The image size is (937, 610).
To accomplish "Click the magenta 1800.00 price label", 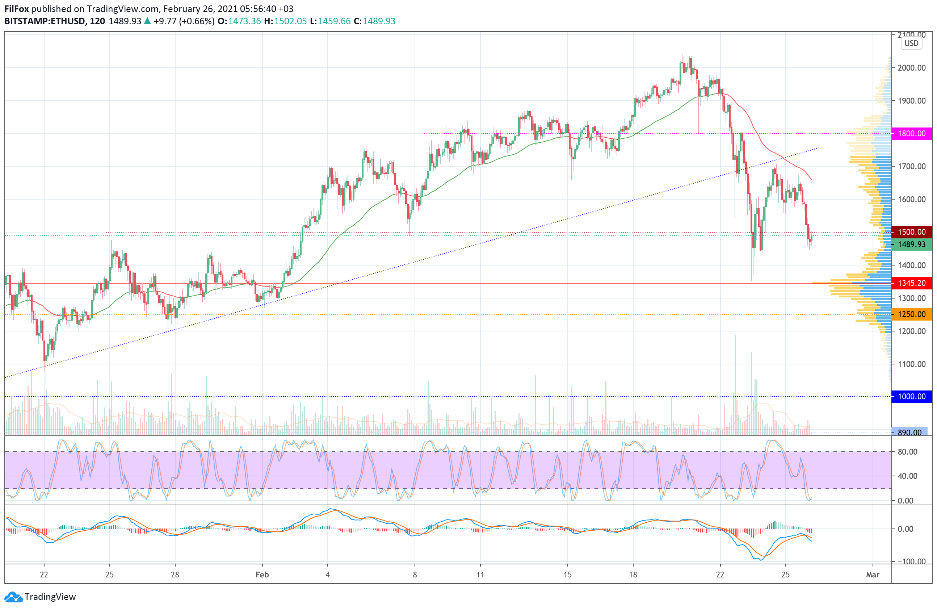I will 911,134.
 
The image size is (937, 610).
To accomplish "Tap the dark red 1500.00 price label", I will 911,232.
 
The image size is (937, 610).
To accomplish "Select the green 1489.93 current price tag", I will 911,245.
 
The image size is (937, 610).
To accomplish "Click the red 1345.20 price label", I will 911,283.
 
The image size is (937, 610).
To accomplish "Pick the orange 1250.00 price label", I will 911,314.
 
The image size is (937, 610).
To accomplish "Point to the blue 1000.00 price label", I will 911,397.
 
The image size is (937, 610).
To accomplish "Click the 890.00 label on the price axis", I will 909,433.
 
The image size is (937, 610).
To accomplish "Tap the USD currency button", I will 911,43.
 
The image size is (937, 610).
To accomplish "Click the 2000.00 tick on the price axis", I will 911,68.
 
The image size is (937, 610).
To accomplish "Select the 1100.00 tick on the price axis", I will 911,364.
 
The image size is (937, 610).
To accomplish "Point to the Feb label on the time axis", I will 262,575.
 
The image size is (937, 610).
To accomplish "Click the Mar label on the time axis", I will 873,575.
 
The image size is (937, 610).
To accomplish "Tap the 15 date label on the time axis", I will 567,575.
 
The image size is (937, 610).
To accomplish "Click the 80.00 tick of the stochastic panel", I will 907,452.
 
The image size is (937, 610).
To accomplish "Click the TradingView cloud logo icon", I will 14,597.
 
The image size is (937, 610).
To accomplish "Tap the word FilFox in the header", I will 17,9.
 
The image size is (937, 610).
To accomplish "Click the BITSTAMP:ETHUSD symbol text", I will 45,21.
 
